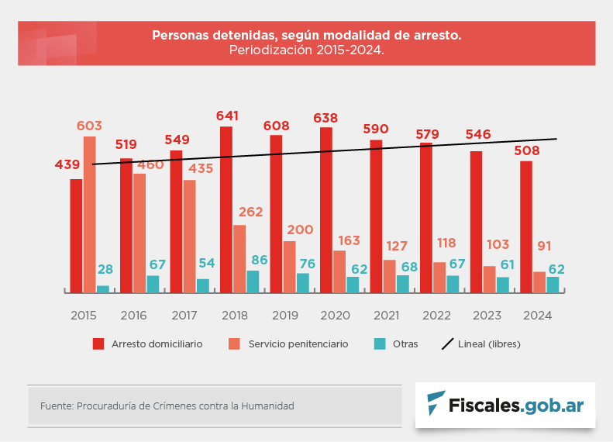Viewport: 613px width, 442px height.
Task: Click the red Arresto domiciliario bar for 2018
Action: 226,209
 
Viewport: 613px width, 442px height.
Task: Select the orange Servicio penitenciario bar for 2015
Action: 90,214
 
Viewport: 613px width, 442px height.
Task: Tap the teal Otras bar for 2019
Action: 303,282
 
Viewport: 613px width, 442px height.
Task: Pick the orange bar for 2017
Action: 190,236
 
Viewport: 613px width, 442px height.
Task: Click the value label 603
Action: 89,126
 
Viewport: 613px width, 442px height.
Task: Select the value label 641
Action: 227,116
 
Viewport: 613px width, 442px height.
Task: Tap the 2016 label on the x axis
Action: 133,316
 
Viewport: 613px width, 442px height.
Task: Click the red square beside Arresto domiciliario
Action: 98,344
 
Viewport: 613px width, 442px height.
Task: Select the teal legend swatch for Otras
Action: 380,344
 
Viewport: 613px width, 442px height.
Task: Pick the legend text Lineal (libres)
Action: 489,344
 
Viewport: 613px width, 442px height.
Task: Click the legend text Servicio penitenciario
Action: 298,344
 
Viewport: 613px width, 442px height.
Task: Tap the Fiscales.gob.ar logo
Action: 505,405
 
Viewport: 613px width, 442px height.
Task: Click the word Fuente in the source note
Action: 56,406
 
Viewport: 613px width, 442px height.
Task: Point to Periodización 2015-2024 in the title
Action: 306,50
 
